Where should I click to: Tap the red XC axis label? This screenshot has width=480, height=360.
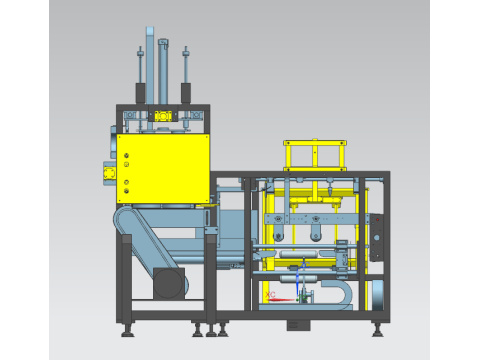[x=272, y=294]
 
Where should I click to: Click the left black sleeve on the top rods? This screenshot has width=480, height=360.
[x=140, y=92]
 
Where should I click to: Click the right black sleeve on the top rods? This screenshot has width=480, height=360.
[x=186, y=92]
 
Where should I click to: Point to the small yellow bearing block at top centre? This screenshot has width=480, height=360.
[x=163, y=117]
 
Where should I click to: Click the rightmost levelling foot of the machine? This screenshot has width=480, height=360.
[x=378, y=329]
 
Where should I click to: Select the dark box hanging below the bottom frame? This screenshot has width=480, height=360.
[x=299, y=324]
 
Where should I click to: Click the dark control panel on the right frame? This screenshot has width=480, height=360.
[x=376, y=236]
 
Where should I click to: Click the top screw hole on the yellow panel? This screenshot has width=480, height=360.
[x=127, y=154]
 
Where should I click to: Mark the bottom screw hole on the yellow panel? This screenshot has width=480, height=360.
[x=127, y=192]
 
